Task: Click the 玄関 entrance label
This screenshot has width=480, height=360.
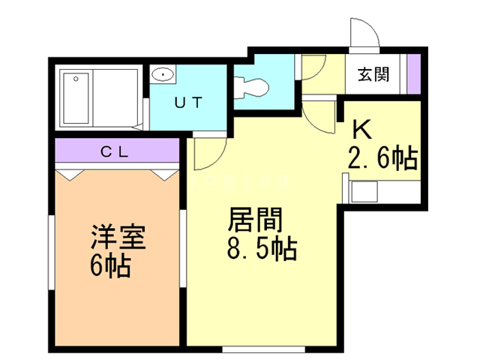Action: click(373, 74)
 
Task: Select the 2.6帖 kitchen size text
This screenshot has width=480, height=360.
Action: click(383, 158)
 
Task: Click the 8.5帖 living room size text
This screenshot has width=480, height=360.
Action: click(262, 248)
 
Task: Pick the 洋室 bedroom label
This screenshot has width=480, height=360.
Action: click(118, 236)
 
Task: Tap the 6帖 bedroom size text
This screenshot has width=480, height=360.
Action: click(110, 265)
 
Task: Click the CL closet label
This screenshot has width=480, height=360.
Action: click(114, 151)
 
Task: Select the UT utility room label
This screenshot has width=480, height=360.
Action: click(188, 103)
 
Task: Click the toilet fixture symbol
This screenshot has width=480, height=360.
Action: click(251, 88)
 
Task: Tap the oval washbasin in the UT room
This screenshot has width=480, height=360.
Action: click(163, 74)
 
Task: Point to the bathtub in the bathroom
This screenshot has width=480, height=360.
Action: click(76, 98)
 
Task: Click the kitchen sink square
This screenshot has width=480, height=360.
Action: click(364, 192)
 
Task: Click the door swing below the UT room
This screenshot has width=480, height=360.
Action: click(210, 153)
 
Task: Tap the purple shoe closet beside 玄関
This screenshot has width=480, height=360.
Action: click(414, 74)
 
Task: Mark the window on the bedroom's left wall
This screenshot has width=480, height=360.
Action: click(52, 252)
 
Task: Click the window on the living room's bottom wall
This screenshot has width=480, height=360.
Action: click(263, 349)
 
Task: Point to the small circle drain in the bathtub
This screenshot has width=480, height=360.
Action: click(76, 79)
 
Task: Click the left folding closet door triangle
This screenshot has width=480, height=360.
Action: click(70, 175)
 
